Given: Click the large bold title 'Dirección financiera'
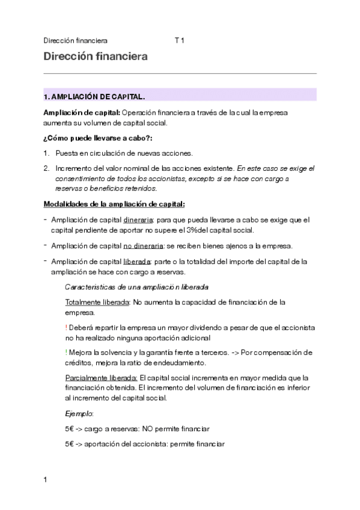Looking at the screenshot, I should (x=96, y=57).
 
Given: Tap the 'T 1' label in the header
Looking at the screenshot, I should (x=179, y=41).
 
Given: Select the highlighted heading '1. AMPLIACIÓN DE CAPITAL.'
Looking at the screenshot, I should (x=94, y=96).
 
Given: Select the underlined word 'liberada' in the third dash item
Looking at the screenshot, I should (x=137, y=262).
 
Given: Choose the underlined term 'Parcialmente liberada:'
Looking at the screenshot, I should (x=101, y=378).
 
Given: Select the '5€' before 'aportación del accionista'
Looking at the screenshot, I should (x=70, y=444).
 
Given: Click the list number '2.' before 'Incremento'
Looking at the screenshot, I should (x=46, y=169).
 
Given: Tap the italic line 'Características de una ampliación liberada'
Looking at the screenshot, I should (x=136, y=287).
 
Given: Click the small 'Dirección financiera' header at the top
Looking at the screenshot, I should (x=75, y=41).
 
